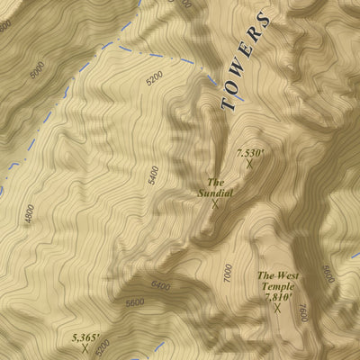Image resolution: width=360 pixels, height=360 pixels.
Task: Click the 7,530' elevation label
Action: [249, 153]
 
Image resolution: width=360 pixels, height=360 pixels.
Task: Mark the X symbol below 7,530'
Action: [249, 164]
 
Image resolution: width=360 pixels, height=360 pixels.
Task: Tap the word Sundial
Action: [216, 192]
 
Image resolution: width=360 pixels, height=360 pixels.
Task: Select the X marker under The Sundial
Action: [215, 203]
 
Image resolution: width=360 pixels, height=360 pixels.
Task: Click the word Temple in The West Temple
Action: [278, 286]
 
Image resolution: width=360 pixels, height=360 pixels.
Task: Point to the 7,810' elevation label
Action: [278, 296]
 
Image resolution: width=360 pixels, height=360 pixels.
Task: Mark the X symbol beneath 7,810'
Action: [277, 308]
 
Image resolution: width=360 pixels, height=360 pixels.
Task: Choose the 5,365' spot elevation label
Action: [85, 337]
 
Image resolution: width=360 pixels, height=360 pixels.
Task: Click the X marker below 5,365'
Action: [85, 348]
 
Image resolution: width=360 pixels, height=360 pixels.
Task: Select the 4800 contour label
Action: [30, 214]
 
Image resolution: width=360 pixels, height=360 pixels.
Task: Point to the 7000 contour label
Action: [227, 275]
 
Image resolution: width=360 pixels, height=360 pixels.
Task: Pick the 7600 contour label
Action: [302, 315]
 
